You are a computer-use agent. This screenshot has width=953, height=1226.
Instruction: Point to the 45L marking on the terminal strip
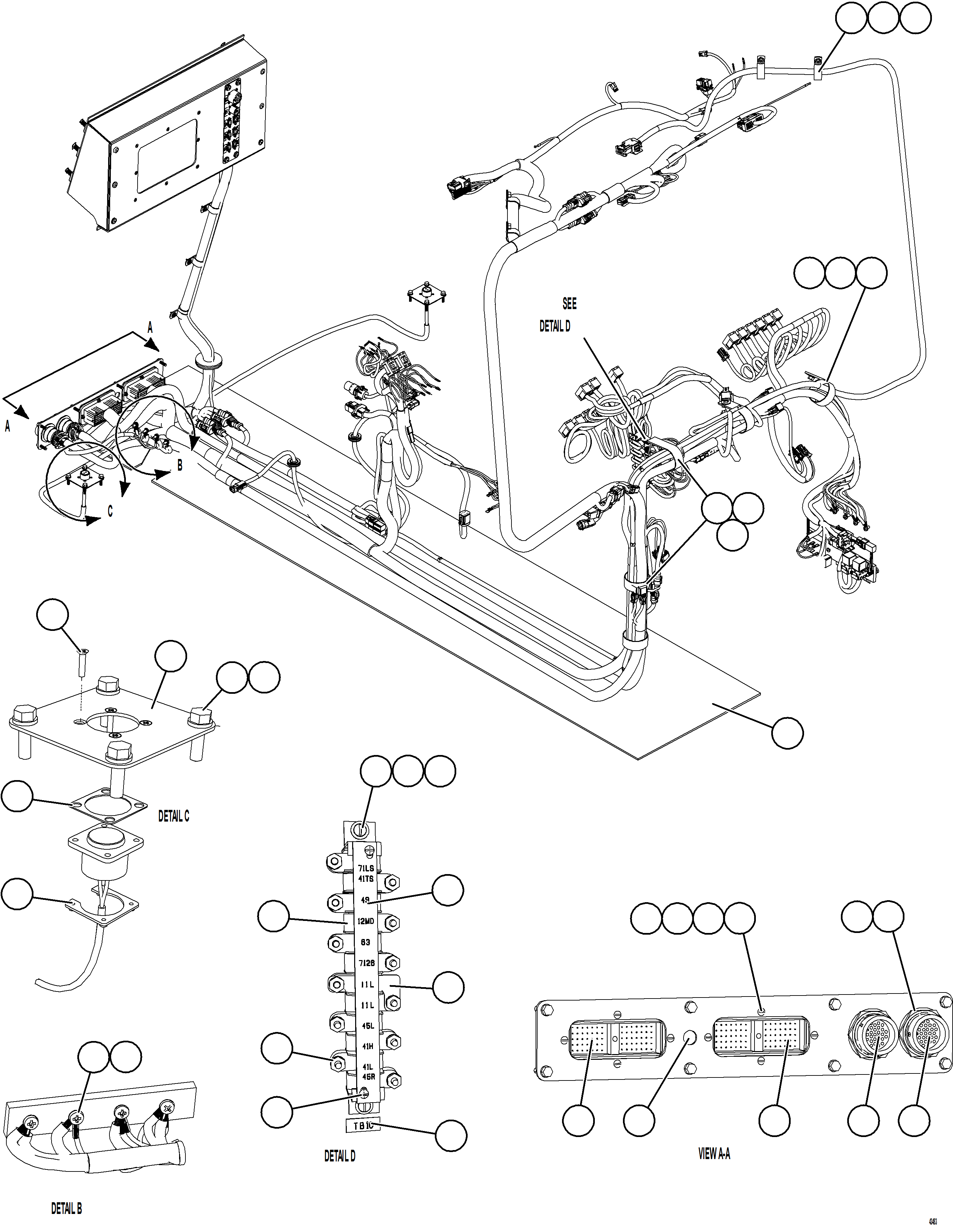368,1026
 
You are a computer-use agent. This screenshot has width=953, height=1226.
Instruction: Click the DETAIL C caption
173,817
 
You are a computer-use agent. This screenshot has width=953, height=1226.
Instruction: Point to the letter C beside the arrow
110,512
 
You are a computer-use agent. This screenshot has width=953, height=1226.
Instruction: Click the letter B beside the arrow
180,465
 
